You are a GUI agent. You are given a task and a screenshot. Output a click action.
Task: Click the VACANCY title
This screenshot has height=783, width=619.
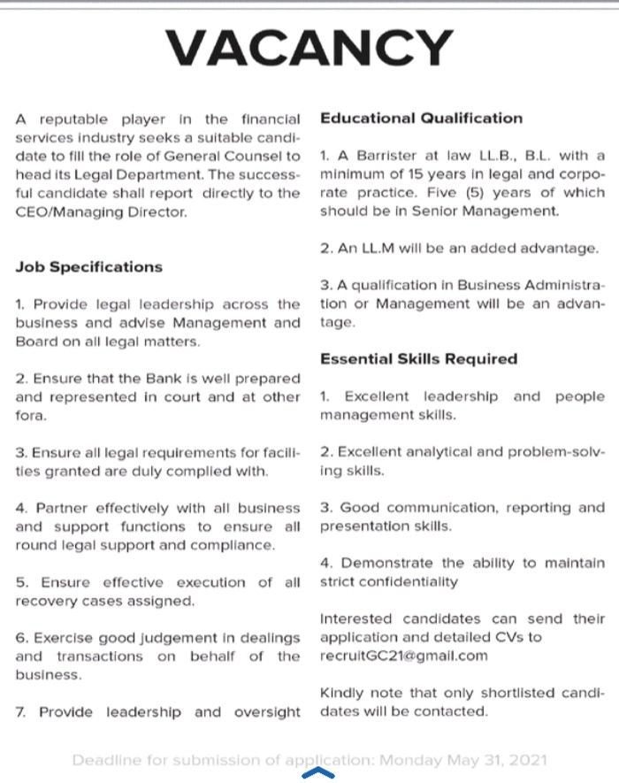tap(309, 48)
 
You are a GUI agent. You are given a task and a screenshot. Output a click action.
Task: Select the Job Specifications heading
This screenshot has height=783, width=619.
tap(88, 266)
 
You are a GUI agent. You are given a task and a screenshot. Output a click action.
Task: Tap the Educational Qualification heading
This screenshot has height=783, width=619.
tap(421, 118)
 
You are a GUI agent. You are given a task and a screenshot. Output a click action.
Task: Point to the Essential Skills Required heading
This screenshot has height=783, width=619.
tap(418, 359)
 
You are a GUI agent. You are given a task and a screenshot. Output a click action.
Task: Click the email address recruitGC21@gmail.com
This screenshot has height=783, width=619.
tap(403, 656)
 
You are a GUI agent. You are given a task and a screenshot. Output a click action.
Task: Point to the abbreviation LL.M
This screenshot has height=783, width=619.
tap(381, 249)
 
